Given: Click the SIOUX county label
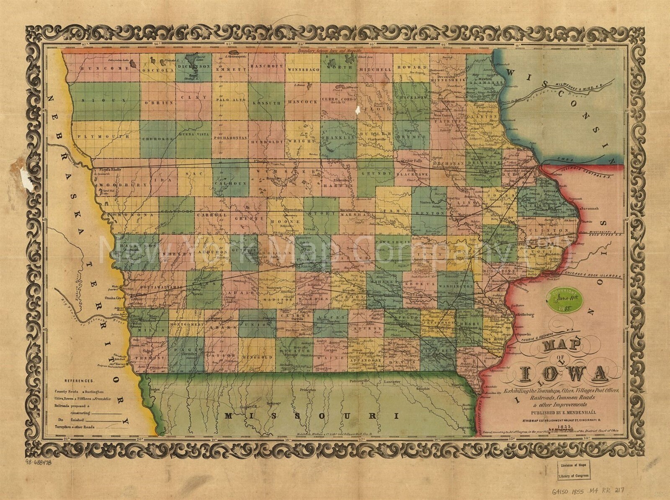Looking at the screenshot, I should [104, 101].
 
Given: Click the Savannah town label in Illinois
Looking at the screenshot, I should [591, 208].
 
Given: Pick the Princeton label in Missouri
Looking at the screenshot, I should [307, 390].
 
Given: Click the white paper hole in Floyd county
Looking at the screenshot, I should [358, 110].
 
